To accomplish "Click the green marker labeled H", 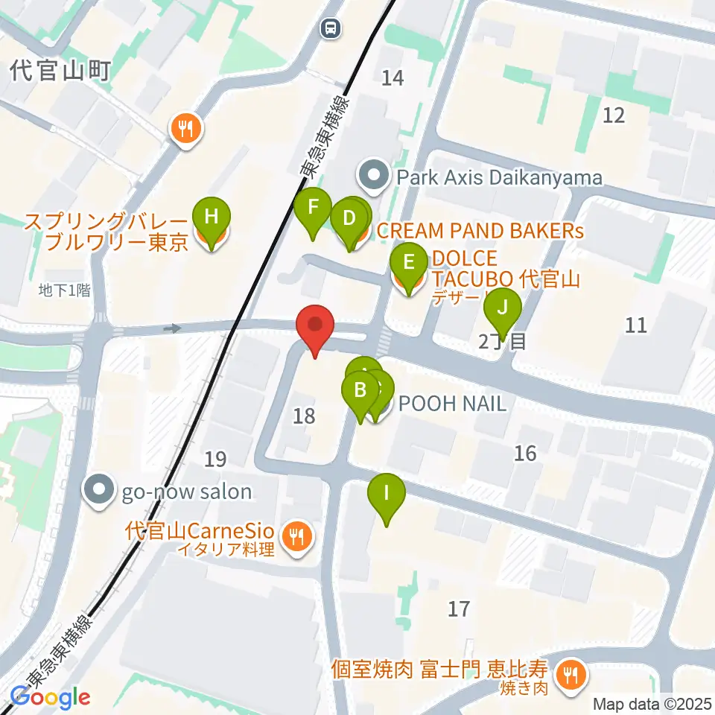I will tap(212, 218).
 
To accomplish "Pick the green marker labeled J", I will tap(503, 307).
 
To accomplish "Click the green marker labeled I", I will tap(386, 494).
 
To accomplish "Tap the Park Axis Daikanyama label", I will tap(499, 177).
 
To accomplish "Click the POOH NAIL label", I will tap(452, 404).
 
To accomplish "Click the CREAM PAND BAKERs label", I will tap(480, 231).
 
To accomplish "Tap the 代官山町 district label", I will tap(60, 71).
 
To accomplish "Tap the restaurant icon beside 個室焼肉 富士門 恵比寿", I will tap(571, 676).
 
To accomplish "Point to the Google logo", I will tap(50, 697).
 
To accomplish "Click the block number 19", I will tap(215, 460).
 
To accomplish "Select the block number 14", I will tap(393, 76).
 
